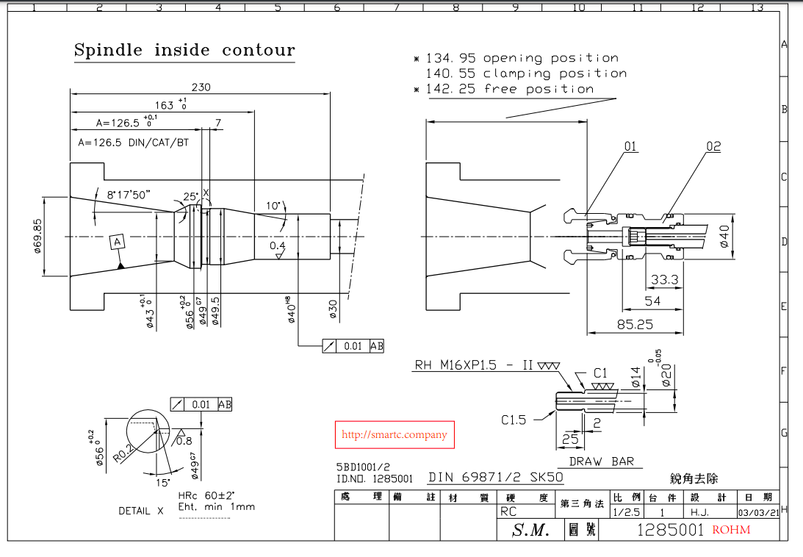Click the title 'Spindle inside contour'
(184, 51)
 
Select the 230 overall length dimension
(201, 87)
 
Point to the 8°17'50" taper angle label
(129, 195)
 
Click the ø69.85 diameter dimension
(38, 237)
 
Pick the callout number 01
(630, 147)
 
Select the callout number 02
(713, 147)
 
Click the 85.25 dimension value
(635, 323)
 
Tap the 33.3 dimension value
(664, 280)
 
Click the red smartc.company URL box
(395, 435)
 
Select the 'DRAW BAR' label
(601, 462)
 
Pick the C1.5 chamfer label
(514, 420)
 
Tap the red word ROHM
(731, 529)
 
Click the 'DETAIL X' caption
(141, 511)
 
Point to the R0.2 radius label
(123, 449)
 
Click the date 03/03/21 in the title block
(757, 512)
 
